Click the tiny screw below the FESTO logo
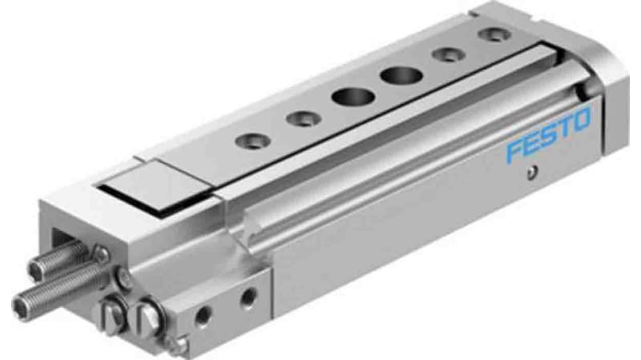(x=530, y=171)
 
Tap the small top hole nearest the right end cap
(x=490, y=35)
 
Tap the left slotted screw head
(x=113, y=311)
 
